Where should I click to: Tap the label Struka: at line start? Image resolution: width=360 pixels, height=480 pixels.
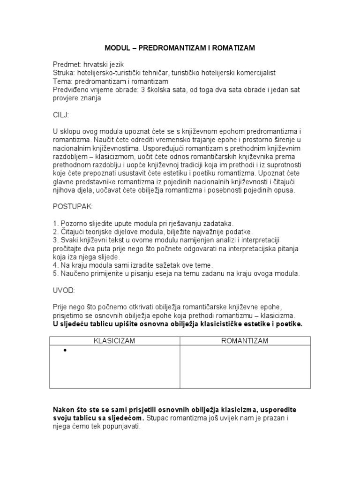(x=64, y=73)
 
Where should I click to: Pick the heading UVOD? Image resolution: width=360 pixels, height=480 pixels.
(x=64, y=291)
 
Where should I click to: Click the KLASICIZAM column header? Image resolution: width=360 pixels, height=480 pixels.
(x=114, y=341)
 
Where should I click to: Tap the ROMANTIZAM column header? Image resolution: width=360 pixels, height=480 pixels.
(x=245, y=341)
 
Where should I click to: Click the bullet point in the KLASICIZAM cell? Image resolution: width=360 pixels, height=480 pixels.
(x=64, y=351)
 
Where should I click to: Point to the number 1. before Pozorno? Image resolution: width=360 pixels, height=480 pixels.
(x=55, y=224)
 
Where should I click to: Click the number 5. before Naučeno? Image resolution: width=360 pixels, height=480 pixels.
(x=55, y=273)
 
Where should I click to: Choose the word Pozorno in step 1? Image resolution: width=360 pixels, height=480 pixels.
(x=73, y=224)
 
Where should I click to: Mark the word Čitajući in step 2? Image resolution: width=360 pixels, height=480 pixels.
(x=74, y=232)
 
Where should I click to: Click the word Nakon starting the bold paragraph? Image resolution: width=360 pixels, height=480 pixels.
(x=64, y=410)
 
